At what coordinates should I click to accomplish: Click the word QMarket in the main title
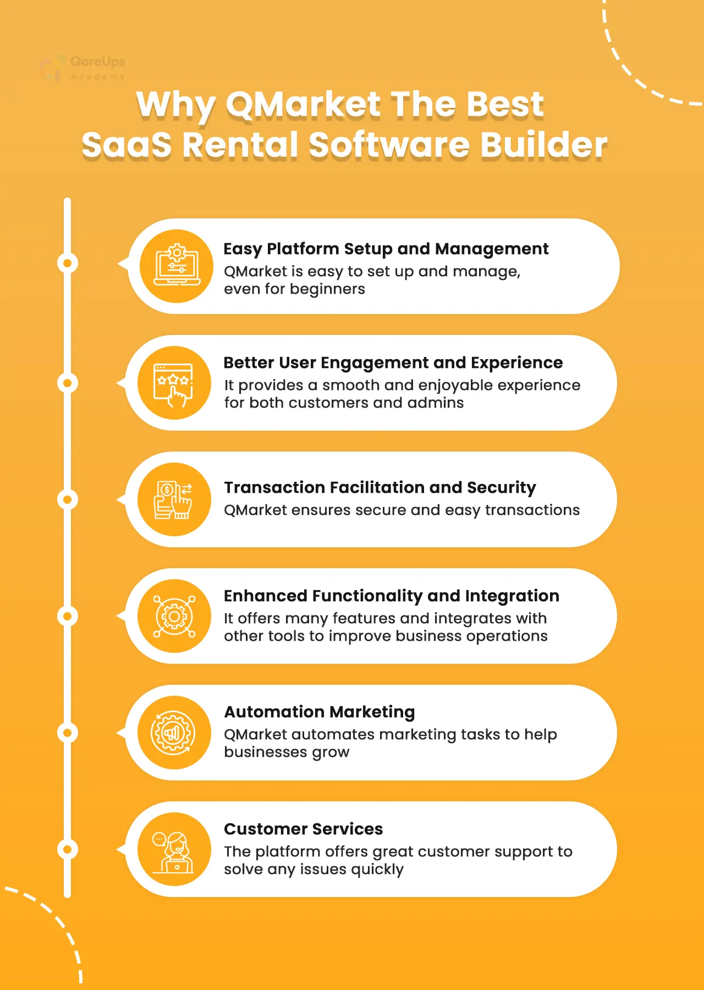pyautogui.click(x=303, y=104)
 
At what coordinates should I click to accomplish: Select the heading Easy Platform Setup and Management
pyautogui.click(x=386, y=249)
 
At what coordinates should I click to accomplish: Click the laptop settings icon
pyautogui.click(x=177, y=266)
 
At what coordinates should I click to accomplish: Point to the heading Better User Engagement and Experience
pyautogui.click(x=393, y=363)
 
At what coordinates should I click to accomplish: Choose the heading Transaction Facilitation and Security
pyautogui.click(x=380, y=487)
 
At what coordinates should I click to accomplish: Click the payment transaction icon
pyautogui.click(x=173, y=499)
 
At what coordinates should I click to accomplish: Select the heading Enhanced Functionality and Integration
pyautogui.click(x=391, y=596)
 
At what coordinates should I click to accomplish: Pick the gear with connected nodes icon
pyautogui.click(x=174, y=616)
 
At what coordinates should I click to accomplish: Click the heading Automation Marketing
pyautogui.click(x=319, y=712)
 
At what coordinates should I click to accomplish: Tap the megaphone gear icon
pyautogui.click(x=173, y=733)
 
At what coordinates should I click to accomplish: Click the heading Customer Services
pyautogui.click(x=303, y=829)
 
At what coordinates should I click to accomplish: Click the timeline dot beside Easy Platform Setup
pyautogui.click(x=68, y=263)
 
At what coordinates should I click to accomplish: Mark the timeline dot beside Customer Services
pyautogui.click(x=68, y=849)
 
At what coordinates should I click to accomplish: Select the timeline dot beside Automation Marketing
pyautogui.click(x=68, y=733)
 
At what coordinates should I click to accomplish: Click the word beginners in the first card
pyautogui.click(x=327, y=290)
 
